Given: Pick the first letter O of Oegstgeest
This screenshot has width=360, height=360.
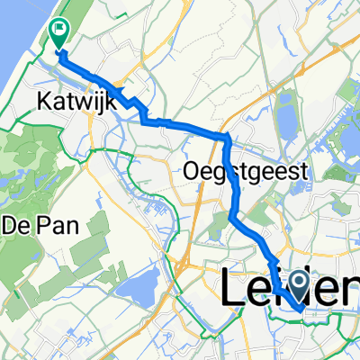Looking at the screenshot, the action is (x=190, y=170).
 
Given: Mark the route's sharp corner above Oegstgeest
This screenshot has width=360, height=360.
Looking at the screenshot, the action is (x=226, y=136).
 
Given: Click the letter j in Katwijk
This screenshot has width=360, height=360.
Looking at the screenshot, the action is (x=98, y=103).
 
